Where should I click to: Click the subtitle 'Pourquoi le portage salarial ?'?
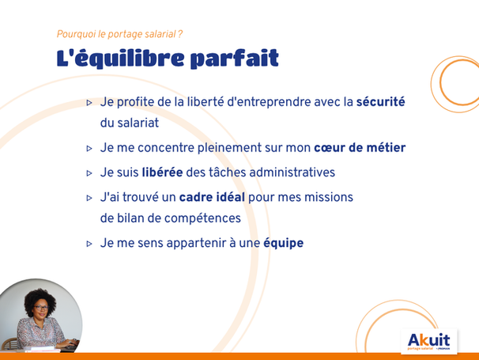[120, 34]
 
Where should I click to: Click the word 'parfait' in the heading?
[234, 59]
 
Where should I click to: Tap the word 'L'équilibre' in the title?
[120, 58]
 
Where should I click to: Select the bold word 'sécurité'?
[381, 102]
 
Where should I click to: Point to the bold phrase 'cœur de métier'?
[360, 148]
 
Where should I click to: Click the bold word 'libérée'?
[163, 172]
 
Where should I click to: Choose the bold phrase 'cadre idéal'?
[212, 197]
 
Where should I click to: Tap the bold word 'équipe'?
[284, 244]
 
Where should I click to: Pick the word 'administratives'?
[292, 172]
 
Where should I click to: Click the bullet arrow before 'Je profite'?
[89, 103]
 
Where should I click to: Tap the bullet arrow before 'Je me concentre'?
[89, 149]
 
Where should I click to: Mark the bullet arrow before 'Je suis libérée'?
[89, 173]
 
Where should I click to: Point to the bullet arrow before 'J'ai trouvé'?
[89, 199]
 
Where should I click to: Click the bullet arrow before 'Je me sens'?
[89, 244]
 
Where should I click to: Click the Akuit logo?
[429, 341]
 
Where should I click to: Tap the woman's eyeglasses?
[41, 308]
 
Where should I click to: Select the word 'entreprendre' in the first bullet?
[269, 103]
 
